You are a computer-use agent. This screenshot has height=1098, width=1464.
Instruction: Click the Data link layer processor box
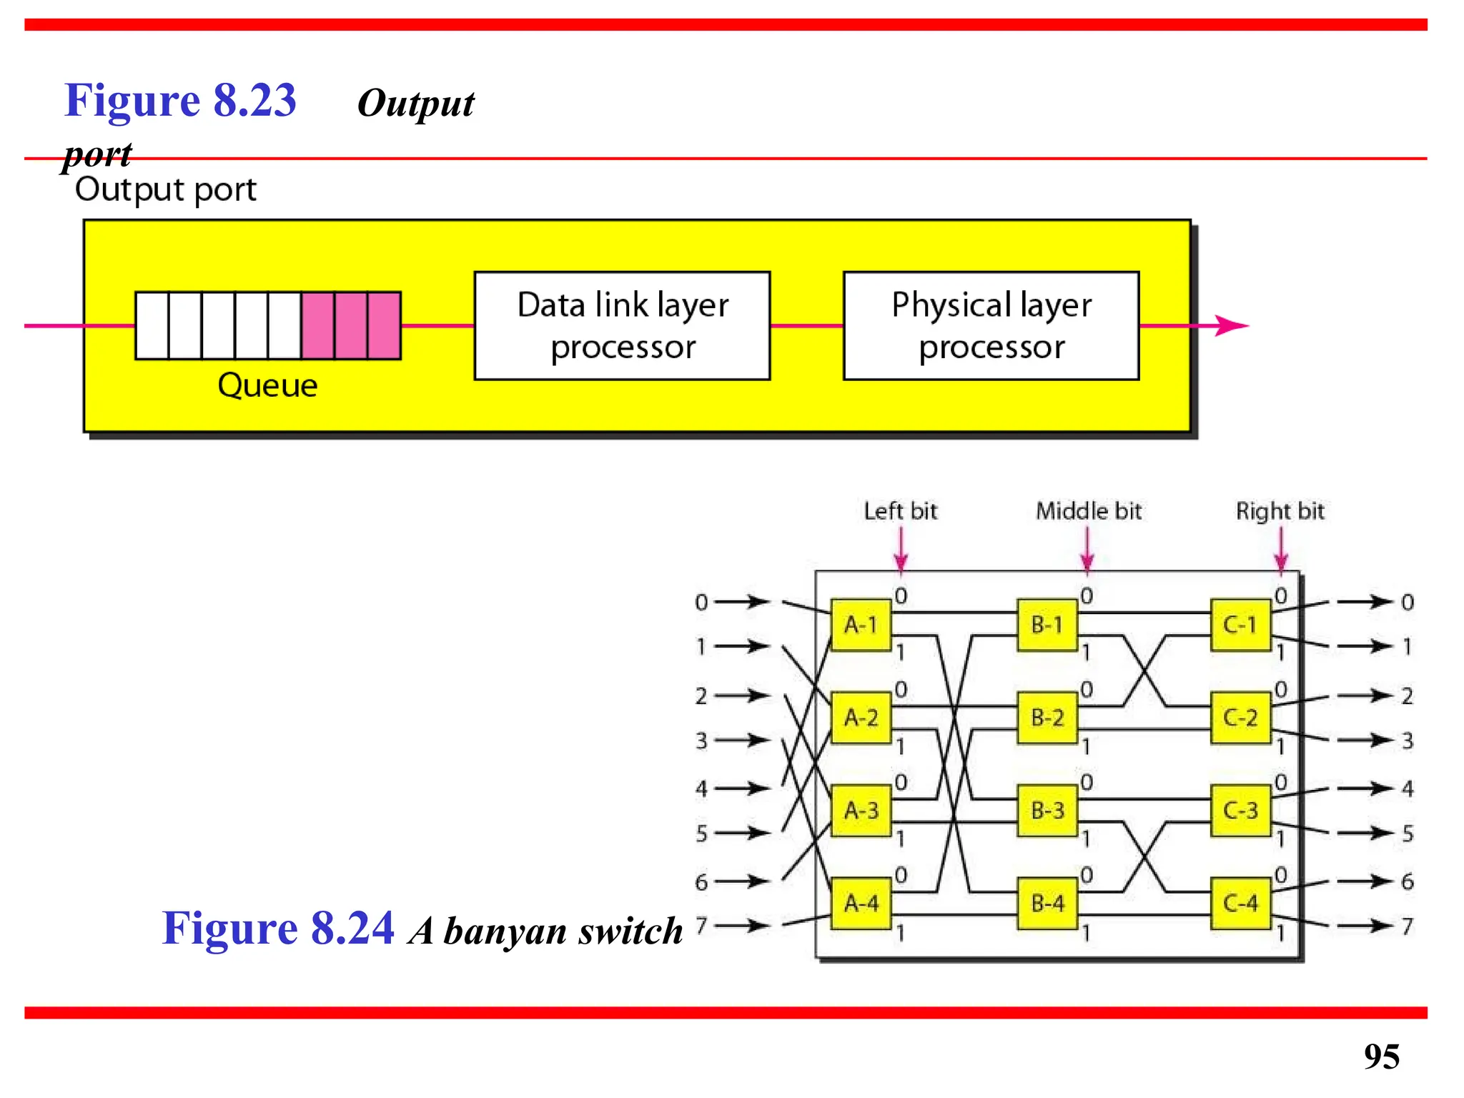(x=622, y=325)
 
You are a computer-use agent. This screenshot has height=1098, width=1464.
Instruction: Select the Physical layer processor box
(x=991, y=325)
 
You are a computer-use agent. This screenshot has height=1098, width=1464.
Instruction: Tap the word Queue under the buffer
(x=267, y=385)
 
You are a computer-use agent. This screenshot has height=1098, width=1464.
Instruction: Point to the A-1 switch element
(x=861, y=625)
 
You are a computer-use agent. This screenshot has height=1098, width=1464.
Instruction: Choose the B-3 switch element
(x=1047, y=810)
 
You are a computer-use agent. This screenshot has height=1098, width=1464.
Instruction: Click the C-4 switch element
(x=1240, y=903)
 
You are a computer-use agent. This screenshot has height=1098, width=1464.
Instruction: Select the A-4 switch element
(x=861, y=903)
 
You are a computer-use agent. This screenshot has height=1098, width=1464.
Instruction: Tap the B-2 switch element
(x=1047, y=717)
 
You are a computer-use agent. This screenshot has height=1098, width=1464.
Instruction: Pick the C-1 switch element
(x=1240, y=625)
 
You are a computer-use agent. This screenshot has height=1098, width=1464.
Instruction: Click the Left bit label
(x=900, y=511)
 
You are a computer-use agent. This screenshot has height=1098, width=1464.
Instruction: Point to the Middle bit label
(x=1089, y=511)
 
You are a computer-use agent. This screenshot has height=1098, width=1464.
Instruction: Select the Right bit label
(x=1280, y=511)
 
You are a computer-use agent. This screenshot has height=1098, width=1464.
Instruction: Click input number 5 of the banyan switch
(x=701, y=834)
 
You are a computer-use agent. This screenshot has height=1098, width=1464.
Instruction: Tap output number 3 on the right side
(x=1407, y=741)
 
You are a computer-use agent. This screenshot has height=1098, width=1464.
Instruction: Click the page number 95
(x=1381, y=1056)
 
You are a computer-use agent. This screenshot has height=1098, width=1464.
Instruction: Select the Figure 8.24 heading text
(x=278, y=928)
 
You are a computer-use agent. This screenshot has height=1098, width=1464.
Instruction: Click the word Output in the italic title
(x=415, y=104)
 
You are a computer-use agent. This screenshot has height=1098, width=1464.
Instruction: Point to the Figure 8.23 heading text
(x=180, y=100)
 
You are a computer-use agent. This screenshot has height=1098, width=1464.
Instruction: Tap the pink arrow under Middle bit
(x=1087, y=552)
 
